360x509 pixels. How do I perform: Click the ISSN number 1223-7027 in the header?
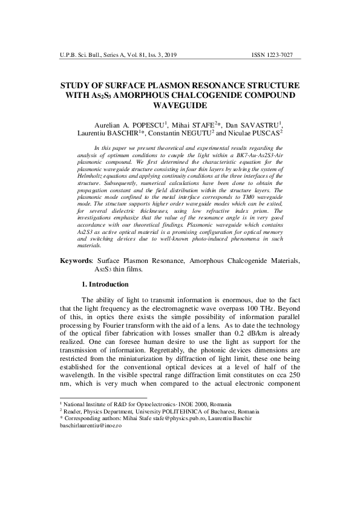click(288, 55)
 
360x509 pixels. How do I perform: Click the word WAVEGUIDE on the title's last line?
click(180, 106)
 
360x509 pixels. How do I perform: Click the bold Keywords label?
click(76, 277)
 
